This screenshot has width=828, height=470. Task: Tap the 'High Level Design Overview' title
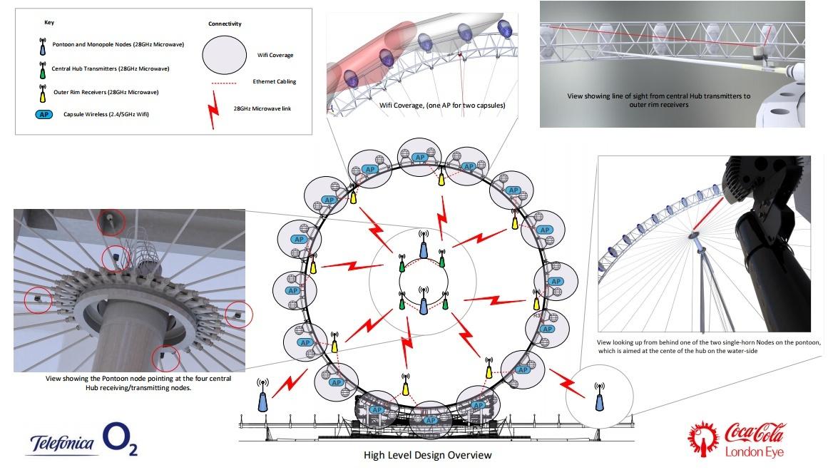pos(427,455)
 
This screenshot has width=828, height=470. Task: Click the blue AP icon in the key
pos(42,114)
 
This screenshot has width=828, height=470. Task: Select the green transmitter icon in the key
pos(42,69)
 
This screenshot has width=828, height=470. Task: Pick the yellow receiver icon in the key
pos(42,91)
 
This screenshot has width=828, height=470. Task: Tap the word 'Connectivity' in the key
pos(224,24)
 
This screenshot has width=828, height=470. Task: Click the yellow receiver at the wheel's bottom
pos(405,387)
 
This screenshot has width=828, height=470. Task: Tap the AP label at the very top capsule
pos(421,158)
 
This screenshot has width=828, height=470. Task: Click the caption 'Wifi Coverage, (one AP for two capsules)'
pos(442,106)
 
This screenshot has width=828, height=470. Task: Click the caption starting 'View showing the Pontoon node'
pos(128,383)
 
